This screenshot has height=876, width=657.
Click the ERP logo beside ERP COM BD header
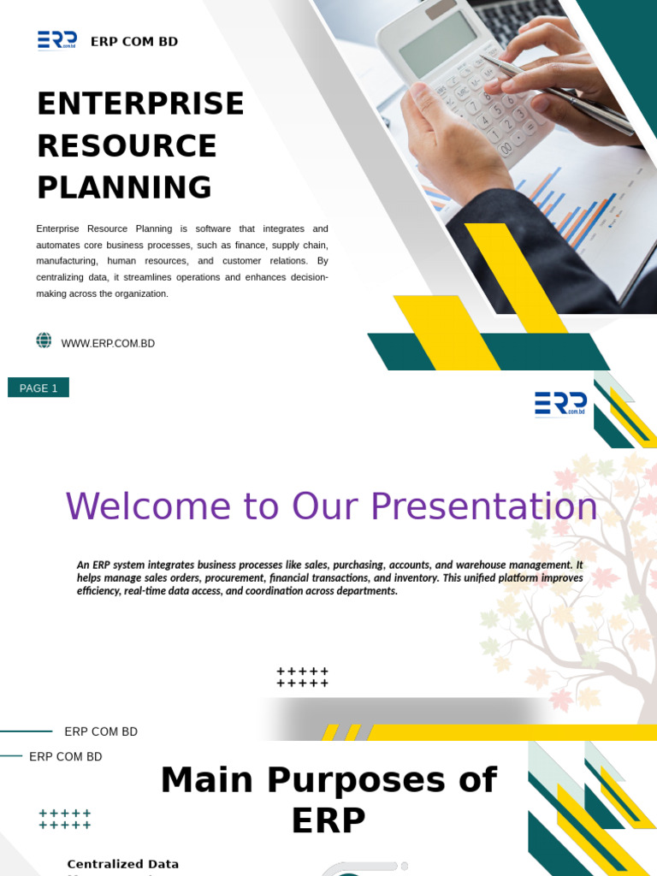(x=57, y=40)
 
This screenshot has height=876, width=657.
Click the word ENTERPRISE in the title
(x=140, y=104)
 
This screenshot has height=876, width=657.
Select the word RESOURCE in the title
(x=127, y=146)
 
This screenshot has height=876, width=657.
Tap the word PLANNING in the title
(x=124, y=188)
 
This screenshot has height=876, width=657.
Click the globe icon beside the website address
(x=44, y=340)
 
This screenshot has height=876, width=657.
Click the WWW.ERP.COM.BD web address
(x=108, y=344)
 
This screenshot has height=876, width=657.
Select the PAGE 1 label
(x=38, y=388)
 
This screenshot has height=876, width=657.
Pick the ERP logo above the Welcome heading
(x=560, y=403)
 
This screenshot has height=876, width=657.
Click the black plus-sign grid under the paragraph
(x=303, y=678)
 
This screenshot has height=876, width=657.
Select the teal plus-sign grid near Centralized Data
(x=65, y=820)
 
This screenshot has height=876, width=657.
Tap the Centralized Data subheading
(x=123, y=864)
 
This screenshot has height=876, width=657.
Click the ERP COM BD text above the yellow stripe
(x=101, y=731)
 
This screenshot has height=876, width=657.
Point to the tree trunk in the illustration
(x=633, y=667)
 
